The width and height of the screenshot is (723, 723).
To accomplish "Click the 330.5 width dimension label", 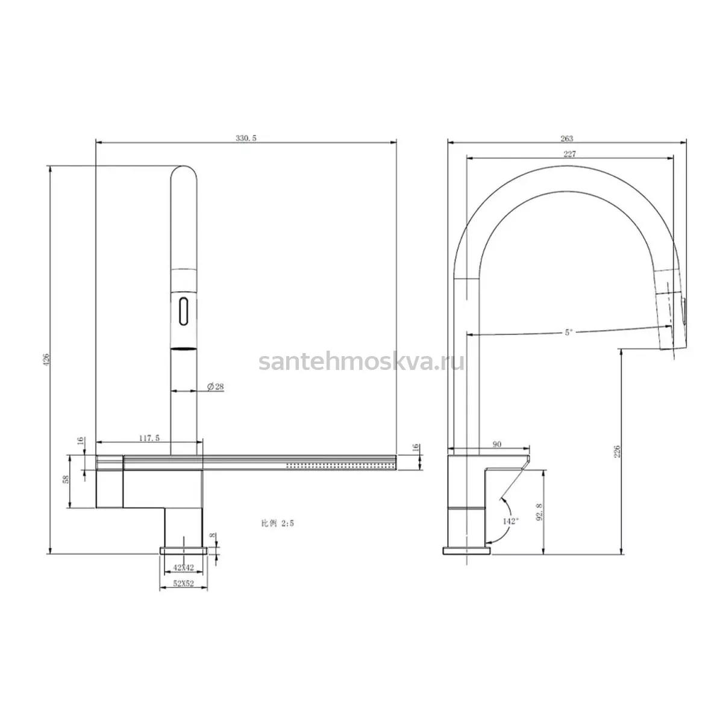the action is pos(246,138).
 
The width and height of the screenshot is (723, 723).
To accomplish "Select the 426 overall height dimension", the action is pos(46,359).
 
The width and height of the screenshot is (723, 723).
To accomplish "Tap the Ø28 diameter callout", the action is pos(215,386).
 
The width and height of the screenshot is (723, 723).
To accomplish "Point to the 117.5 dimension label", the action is pos(149,438).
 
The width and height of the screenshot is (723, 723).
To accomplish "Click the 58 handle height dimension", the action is pos(66,479).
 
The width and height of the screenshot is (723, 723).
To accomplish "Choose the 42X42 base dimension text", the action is pos(184,568).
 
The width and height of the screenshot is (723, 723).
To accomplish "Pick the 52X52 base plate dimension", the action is pos(184,583).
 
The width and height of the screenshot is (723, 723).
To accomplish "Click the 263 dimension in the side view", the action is pos(566,139).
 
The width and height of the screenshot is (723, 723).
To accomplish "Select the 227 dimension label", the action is pos(569,154).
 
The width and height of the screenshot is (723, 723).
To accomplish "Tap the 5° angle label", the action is pos(569,333).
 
